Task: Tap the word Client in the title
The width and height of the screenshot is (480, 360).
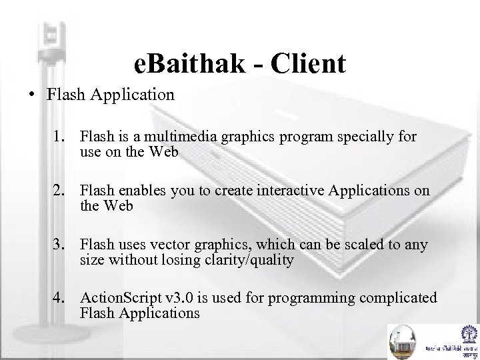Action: [x=307, y=64]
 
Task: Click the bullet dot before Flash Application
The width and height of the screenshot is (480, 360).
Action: [x=33, y=95]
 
